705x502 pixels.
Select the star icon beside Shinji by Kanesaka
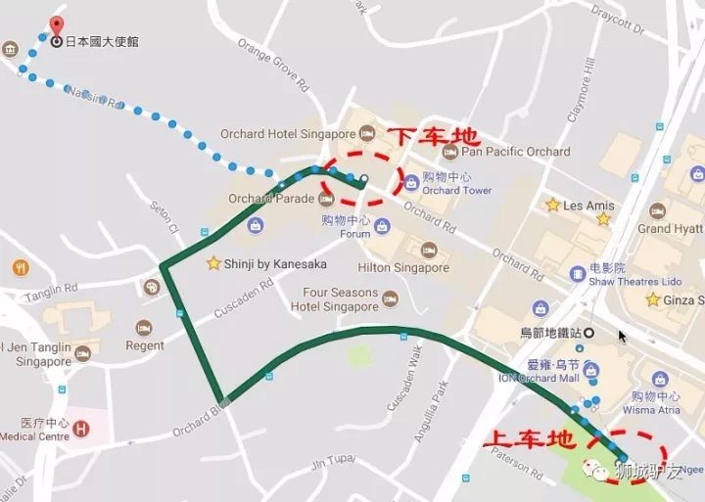212,263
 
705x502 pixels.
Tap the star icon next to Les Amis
553,205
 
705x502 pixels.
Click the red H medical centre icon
82,428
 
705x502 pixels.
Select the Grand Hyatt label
669,228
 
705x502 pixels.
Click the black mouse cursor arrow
622,336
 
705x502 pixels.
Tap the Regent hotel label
144,345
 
